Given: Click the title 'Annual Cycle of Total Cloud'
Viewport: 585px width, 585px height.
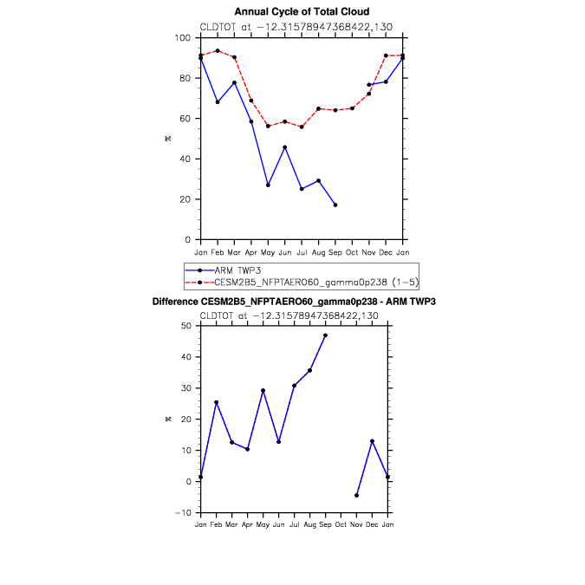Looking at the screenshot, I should tap(302, 11).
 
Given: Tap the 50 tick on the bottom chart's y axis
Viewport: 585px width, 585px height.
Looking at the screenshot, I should tap(186, 326).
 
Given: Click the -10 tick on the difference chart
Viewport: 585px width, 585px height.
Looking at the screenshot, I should tap(184, 513).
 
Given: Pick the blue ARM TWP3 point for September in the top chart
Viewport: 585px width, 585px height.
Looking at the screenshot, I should tap(335, 205).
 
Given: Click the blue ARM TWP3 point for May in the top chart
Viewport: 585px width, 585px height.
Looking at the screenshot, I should tap(268, 185).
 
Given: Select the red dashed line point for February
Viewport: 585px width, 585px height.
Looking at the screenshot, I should tap(218, 50).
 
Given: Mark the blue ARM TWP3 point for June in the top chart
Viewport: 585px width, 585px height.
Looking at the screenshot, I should tap(285, 147).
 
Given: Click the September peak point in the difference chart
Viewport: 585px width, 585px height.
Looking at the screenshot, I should tap(325, 335).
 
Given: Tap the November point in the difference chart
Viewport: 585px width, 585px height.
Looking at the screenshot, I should tap(356, 496).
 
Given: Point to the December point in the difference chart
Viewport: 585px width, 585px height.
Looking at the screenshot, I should tap(372, 441).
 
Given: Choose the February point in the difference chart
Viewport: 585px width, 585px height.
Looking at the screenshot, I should tap(216, 402).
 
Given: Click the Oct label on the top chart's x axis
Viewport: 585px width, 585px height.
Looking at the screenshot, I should tap(352, 251).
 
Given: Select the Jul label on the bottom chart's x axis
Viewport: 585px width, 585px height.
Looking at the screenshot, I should tap(294, 525).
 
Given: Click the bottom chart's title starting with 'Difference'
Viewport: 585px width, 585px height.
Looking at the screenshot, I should tap(294, 302).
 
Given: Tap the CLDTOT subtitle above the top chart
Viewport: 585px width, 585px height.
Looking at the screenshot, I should tap(296, 27).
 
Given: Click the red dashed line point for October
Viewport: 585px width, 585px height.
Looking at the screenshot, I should tap(352, 108).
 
